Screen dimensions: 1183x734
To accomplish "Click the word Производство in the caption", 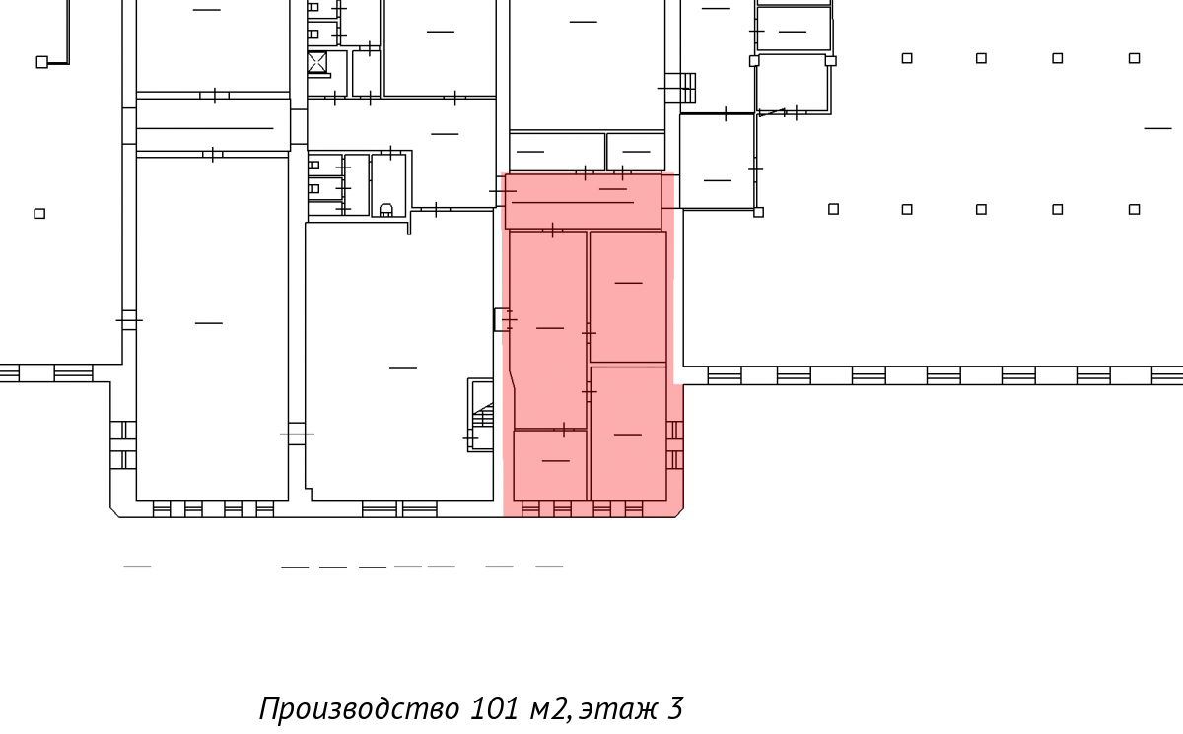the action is (359, 708).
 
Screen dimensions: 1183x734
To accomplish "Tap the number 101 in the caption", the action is (495, 708).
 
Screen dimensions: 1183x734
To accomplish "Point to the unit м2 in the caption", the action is (548, 709).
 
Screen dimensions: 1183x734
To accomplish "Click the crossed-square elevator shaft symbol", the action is (316, 62).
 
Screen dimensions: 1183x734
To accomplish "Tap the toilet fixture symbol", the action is (386, 210).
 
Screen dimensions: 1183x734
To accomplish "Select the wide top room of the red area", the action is (583, 201).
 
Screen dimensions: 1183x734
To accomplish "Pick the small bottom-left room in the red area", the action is (550, 465).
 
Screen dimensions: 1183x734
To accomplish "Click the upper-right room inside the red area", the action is (628, 297).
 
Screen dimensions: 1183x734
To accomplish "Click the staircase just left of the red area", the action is (481, 415).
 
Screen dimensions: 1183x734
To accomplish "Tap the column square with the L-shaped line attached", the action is (41, 62).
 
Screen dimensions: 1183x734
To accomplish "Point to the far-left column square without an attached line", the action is (39, 214).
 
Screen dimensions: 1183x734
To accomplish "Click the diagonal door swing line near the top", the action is (772, 112).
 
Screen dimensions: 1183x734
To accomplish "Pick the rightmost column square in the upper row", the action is (1134, 58).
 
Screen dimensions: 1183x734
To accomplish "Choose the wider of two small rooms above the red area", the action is (557, 152).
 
